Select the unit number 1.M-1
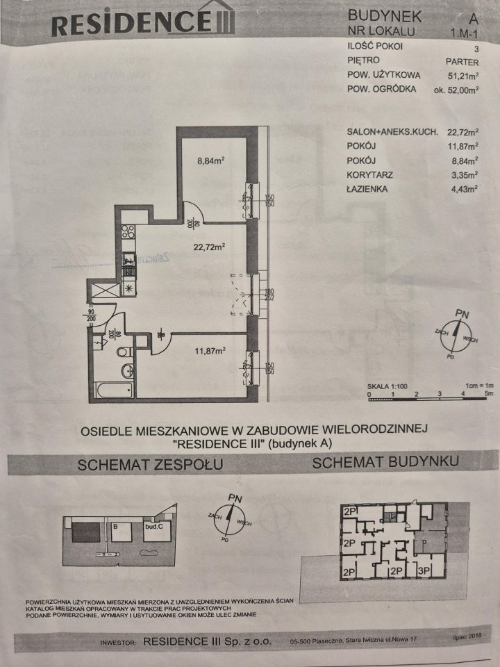pos(464,33)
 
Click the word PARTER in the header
pos(462,62)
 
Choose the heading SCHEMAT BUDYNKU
pos(385,462)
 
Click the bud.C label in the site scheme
pos(154,527)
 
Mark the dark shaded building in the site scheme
pos(86,534)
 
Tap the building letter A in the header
pos(473,17)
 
